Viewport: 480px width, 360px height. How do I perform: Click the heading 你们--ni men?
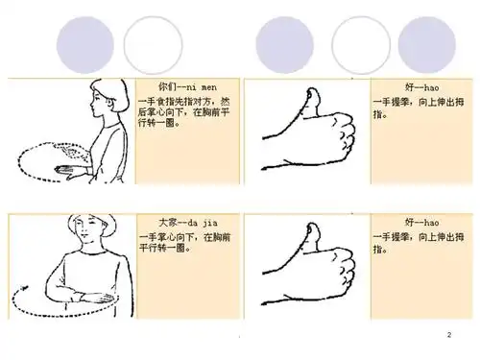point(181,86)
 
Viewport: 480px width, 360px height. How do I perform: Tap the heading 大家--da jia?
point(181,221)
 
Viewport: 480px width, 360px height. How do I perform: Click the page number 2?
point(448,332)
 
